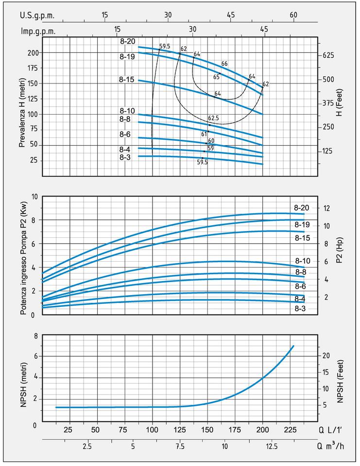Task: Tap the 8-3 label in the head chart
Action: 127,157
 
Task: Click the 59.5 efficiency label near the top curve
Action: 165,47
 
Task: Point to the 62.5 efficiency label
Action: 213,118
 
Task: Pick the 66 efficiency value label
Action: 224,64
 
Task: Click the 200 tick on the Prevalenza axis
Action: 33,52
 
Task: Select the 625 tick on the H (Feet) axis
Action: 329,55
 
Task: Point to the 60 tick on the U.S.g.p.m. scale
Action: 293,15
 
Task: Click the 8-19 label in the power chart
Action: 303,225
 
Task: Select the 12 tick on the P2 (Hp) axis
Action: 326,208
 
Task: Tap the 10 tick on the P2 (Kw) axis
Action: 34,197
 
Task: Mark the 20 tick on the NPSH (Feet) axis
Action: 326,355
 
